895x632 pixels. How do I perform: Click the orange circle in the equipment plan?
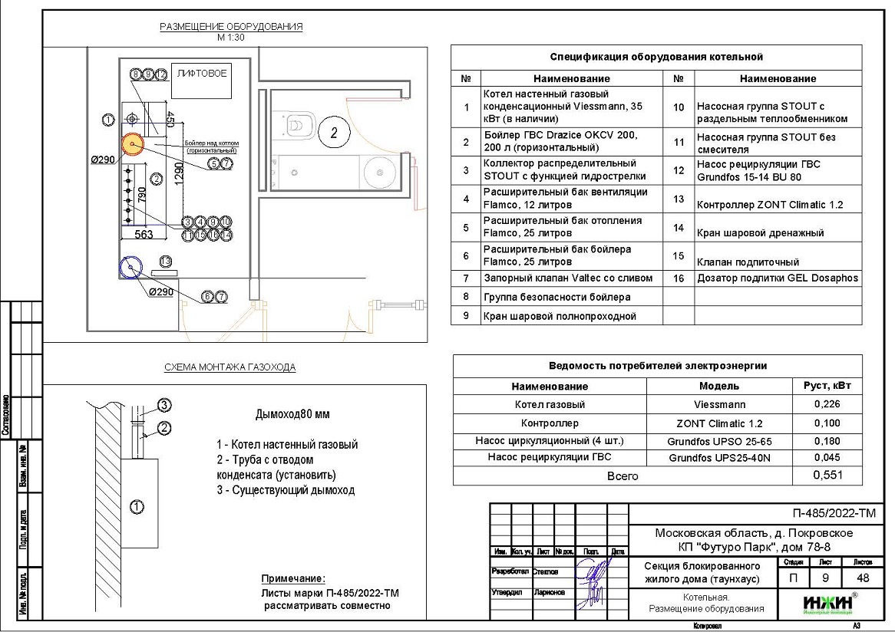coord(131,143)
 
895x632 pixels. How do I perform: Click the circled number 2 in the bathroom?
coord(334,133)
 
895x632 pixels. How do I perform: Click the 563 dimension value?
coord(144,235)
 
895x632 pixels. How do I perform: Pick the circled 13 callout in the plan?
coord(164,261)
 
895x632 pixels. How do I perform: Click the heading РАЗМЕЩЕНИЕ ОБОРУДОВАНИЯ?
coord(231,27)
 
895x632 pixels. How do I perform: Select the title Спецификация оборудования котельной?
coord(656,57)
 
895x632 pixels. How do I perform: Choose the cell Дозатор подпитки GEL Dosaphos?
coord(777,278)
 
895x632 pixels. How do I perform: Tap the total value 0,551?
coord(827,476)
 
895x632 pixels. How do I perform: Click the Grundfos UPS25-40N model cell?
coord(719,458)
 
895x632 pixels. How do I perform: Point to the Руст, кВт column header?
coord(827,386)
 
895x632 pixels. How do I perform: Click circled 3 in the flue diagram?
coord(163,405)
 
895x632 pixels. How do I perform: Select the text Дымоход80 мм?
coord(292,414)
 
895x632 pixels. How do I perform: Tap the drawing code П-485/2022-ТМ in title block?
coord(834,514)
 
